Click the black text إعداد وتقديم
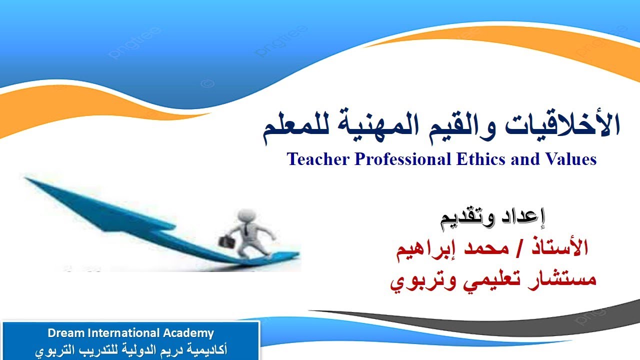point(493,218)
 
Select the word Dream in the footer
point(64,333)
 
